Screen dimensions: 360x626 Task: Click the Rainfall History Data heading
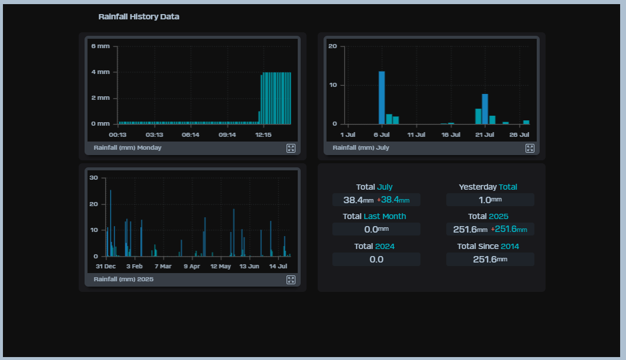pos(139,17)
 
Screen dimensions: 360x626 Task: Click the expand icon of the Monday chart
pos(291,148)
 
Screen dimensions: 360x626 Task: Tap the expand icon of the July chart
pos(530,148)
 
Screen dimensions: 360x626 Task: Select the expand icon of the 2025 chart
pos(291,280)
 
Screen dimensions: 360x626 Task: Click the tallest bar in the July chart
pos(382,97)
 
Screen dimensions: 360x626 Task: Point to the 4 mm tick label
pos(100,72)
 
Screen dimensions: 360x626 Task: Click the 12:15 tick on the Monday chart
pos(263,135)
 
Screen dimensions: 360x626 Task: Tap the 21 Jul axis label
pos(485,135)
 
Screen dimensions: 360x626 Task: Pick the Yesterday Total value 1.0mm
pos(490,200)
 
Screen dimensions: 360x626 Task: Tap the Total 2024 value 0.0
pos(376,260)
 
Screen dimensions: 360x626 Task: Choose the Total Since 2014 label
pos(488,246)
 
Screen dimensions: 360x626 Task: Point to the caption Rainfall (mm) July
pos(361,148)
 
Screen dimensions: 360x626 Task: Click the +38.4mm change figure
pos(393,200)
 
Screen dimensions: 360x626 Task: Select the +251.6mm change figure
pos(509,230)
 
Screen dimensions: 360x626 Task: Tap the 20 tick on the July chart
pos(332,46)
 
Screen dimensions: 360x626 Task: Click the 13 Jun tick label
pos(249,266)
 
